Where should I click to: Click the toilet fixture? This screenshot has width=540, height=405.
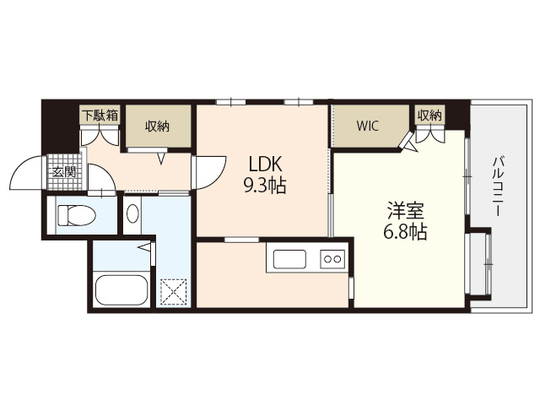click(76, 215)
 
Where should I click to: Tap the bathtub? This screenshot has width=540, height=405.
click(121, 289)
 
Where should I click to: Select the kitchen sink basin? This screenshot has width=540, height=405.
click(289, 259)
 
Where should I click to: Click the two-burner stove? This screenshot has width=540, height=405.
click(332, 259)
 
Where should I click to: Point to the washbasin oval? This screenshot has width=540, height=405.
click(132, 213)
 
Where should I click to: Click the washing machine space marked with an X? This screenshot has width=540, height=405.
click(175, 292)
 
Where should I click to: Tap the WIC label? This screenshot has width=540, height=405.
click(368, 126)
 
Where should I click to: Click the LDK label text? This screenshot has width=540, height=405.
click(265, 164)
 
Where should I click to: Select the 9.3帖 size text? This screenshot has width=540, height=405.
click(265, 186)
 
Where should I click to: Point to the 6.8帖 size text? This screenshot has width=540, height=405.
click(405, 232)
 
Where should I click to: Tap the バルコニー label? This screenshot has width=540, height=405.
click(498, 186)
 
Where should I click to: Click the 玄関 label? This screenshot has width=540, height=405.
click(64, 172)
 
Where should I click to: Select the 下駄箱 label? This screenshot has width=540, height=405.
click(100, 115)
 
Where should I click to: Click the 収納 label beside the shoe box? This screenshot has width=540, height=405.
click(157, 127)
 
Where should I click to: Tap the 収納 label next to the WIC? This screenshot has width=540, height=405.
click(429, 116)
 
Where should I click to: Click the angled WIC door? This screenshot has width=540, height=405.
click(408, 143)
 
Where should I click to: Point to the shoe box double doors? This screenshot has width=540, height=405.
click(100, 136)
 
